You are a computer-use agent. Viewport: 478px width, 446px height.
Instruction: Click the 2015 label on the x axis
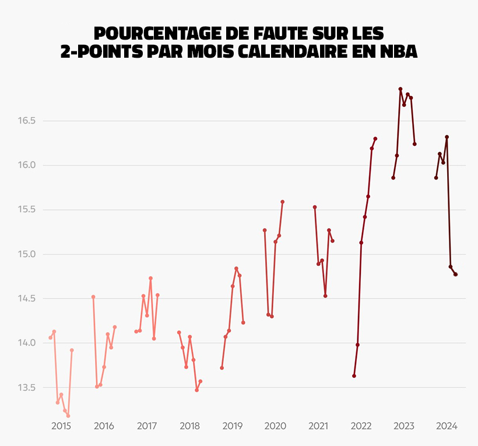click(x=61, y=426)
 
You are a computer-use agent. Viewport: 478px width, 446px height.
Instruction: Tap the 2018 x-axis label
click(x=189, y=426)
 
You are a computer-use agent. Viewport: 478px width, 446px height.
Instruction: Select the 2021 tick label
click(x=318, y=426)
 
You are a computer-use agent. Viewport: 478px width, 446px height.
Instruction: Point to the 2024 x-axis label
click(x=447, y=426)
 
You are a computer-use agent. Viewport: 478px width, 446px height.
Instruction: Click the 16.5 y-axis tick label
click(x=27, y=121)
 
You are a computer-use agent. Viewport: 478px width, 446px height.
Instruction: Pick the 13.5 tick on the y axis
click(x=27, y=388)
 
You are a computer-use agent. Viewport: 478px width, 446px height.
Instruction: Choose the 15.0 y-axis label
click(x=27, y=254)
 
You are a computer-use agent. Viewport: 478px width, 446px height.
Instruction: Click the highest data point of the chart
click(x=400, y=89)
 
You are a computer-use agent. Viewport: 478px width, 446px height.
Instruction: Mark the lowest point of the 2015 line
click(x=68, y=416)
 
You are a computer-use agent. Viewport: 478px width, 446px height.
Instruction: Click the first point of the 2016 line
click(x=93, y=297)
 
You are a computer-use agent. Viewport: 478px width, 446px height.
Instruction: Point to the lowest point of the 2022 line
click(x=354, y=376)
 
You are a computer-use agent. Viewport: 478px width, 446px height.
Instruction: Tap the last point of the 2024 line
click(x=456, y=275)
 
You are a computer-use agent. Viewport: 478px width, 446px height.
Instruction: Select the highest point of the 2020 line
click(x=283, y=202)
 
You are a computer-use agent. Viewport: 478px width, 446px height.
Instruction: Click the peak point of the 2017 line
click(x=150, y=278)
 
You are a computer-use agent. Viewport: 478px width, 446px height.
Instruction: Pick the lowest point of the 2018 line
click(x=197, y=390)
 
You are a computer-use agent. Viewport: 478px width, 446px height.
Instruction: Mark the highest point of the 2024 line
click(x=447, y=137)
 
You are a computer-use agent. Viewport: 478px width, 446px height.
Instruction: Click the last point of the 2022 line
click(x=375, y=139)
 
